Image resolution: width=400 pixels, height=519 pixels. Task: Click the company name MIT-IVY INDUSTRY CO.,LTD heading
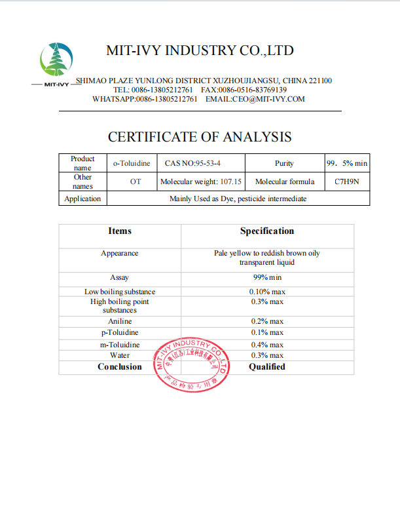200,50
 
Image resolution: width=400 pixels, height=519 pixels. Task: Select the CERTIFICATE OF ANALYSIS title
200,137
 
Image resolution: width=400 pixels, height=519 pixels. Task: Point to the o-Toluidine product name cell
131,163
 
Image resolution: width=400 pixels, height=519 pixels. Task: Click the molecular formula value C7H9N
346,182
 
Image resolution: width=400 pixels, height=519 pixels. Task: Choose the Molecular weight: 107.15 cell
201,182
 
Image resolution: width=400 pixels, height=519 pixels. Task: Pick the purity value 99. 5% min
346,163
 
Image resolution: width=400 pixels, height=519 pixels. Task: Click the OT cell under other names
136,182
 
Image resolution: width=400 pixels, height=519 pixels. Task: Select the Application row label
82,199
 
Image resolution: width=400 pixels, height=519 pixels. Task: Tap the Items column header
120,231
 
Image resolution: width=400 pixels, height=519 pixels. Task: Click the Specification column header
267,231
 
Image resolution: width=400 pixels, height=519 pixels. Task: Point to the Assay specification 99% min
267,278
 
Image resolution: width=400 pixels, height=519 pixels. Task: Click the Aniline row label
120,321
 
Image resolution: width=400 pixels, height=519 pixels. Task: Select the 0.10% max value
267,291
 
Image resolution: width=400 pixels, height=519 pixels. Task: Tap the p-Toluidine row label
120,333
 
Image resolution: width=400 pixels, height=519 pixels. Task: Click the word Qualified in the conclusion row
267,367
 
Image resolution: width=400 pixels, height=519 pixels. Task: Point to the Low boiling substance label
120,291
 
